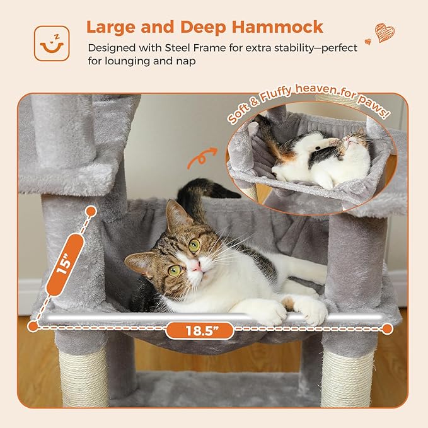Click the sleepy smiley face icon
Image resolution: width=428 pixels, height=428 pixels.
(52, 43)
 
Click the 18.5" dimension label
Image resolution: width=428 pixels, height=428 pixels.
(199, 329)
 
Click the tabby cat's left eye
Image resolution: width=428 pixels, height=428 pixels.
(194, 245)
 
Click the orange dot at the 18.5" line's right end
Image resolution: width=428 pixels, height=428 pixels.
(388, 328)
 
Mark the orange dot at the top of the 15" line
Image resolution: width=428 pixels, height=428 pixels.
(91, 211)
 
